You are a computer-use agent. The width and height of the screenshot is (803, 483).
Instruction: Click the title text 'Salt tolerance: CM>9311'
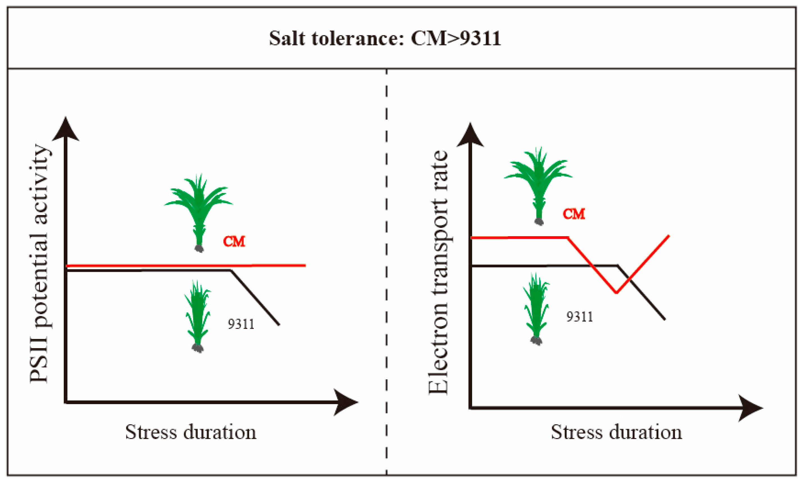[385, 38]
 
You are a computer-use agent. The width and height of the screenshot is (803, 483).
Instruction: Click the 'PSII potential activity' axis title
[39, 264]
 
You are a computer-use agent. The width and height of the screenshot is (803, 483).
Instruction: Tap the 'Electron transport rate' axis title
[438, 273]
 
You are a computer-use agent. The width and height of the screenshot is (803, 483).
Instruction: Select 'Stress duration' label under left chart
[191, 432]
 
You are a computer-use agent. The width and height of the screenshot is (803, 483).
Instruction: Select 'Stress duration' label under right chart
[616, 432]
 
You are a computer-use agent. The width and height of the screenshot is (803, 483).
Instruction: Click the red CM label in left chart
[234, 241]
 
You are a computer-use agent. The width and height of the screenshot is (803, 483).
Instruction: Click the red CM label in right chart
[574, 214]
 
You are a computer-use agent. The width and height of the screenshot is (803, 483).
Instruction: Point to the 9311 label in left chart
[241, 324]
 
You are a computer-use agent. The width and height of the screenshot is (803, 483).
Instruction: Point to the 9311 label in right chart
[579, 317]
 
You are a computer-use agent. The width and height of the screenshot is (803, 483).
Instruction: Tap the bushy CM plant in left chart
[199, 208]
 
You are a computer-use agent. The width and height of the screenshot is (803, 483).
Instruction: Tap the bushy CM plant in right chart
[538, 182]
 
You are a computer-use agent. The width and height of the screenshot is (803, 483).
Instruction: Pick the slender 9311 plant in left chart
[197, 314]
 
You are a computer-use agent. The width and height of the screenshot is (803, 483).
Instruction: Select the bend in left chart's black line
[231, 270]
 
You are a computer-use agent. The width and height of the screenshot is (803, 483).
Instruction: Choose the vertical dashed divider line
[386, 260]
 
